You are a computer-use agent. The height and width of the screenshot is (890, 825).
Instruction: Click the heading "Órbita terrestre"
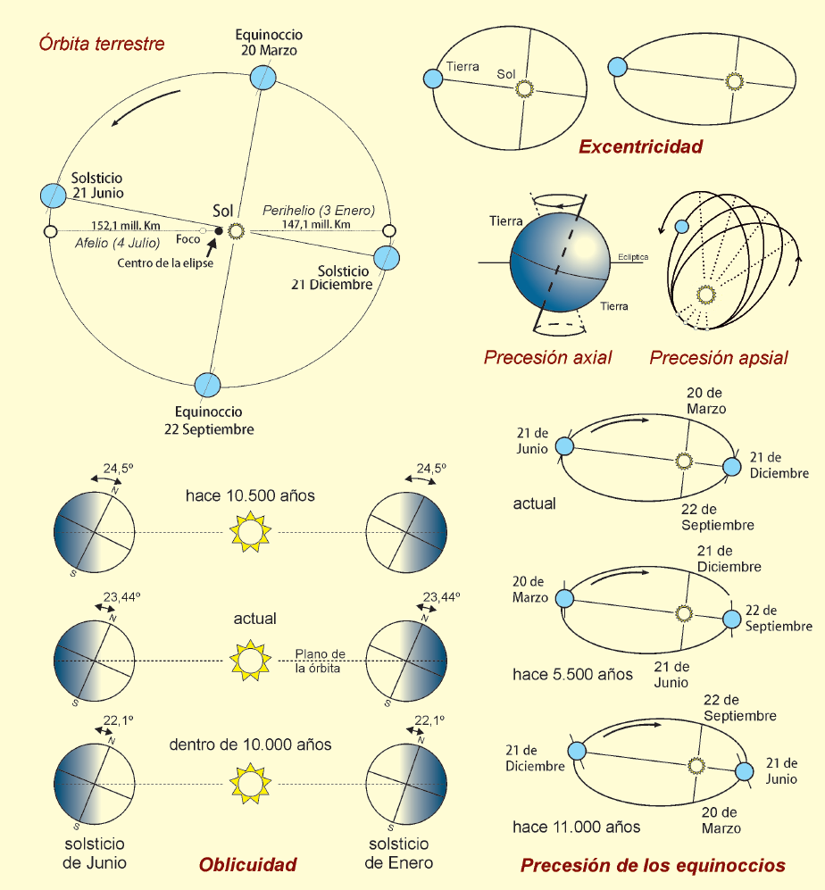[x=102, y=44]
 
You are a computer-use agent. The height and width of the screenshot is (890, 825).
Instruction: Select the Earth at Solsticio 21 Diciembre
[x=386, y=257]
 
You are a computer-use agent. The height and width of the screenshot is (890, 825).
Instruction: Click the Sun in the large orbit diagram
[x=237, y=231]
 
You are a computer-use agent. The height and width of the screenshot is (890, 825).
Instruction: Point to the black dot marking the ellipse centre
[x=219, y=231]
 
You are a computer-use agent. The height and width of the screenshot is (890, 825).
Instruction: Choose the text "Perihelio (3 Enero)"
[x=319, y=210]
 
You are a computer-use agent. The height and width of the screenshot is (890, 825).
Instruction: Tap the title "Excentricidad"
[x=640, y=146]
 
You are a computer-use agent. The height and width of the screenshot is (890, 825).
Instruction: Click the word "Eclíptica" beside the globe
[x=632, y=257]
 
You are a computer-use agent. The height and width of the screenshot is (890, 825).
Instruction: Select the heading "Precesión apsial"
[x=719, y=358]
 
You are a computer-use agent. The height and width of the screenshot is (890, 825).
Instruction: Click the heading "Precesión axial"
[x=547, y=358]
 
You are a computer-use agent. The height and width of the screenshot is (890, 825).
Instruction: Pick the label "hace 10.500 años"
[x=250, y=495]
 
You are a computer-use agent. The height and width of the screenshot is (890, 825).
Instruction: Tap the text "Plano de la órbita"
[x=321, y=661]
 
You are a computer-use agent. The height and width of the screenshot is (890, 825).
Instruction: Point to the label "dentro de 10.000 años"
[x=250, y=744]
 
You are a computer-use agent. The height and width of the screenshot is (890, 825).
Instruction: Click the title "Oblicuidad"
[x=247, y=864]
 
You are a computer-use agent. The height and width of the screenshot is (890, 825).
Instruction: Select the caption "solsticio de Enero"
[x=399, y=853]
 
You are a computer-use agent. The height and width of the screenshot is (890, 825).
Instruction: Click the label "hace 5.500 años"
[x=572, y=675]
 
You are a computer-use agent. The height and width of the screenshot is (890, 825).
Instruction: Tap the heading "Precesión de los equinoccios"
[x=653, y=865]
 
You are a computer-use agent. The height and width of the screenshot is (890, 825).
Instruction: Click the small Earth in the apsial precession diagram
[x=681, y=228]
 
